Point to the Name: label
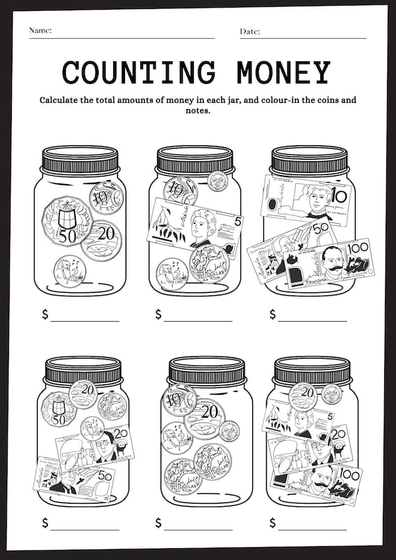point(40,31)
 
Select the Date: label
point(250,31)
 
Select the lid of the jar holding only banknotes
point(309,160)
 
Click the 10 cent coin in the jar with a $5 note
point(180,190)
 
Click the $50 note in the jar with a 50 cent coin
point(73,479)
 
